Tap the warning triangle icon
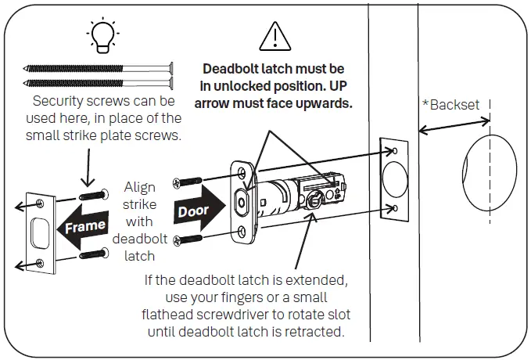pyautogui.click(x=273, y=37)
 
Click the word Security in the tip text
pyautogui.click(x=59, y=102)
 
